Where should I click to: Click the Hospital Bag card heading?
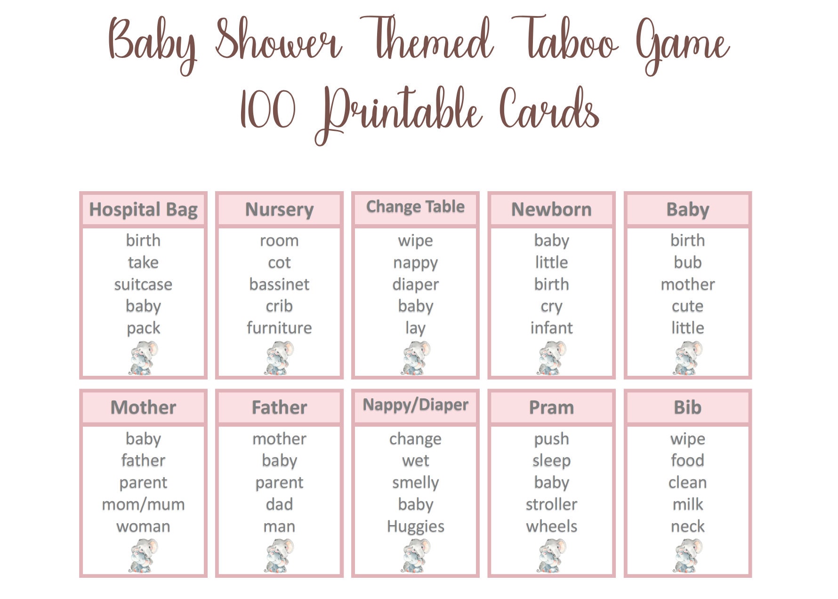coord(143,210)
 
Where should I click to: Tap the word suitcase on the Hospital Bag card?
coord(143,284)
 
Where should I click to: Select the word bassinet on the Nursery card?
coord(279,284)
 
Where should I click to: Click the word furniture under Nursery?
coord(279,328)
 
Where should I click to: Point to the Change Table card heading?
coord(415,207)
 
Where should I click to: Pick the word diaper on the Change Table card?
coord(415,284)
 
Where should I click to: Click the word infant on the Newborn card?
coord(551,328)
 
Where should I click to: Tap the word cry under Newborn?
coord(551,307)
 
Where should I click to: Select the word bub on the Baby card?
coord(687,262)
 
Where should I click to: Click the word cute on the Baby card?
coord(687,306)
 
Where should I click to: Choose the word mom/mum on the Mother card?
coord(143,504)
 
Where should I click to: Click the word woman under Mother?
coord(143,526)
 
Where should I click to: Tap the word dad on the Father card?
coord(279,504)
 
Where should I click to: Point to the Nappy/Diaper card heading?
coord(415,405)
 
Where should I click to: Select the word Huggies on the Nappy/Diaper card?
coord(415,526)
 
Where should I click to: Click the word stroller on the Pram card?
coord(551,504)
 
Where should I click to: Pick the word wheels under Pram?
coord(551,526)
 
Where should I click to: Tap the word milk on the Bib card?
coord(687,504)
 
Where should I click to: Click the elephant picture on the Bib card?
coord(687,556)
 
